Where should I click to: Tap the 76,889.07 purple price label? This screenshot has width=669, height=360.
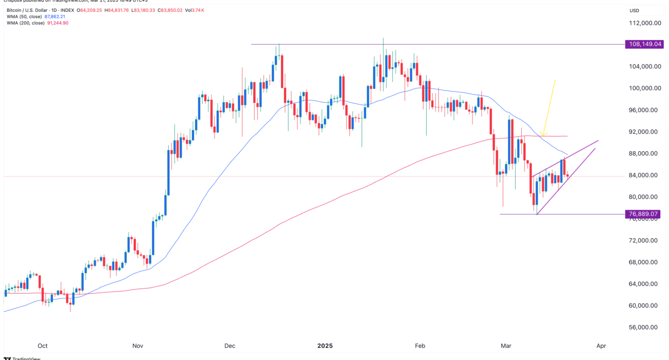(643, 214)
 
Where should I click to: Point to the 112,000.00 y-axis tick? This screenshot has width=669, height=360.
(643, 23)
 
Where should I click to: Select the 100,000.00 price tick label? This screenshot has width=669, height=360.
(643, 88)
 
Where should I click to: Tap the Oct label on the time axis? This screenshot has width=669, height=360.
(43, 346)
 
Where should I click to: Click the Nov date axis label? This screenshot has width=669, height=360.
(137, 346)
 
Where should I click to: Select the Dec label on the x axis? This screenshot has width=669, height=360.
(230, 346)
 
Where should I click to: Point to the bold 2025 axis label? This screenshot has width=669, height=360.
(325, 346)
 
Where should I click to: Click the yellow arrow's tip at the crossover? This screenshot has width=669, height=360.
(543, 135)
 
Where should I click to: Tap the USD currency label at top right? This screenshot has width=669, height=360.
(634, 11)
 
